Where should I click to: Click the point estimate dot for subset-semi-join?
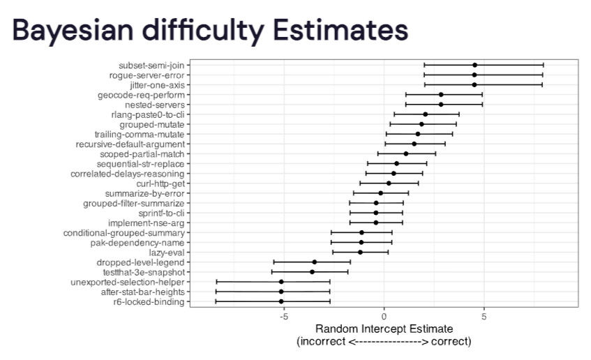[x=474, y=65]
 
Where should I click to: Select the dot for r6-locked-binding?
[x=281, y=301]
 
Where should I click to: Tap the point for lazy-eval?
[x=360, y=252]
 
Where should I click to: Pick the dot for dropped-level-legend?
[x=315, y=262]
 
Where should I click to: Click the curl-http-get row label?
[x=160, y=183]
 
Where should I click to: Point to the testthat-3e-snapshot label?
[x=144, y=272]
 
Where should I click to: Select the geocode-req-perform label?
[x=142, y=95]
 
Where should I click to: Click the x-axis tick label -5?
[x=284, y=317]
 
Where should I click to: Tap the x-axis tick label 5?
[x=484, y=317]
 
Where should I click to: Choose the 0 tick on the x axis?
[x=384, y=317]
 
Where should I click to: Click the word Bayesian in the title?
[x=73, y=31]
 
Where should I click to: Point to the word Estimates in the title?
[x=341, y=30]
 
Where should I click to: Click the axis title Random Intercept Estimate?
[x=384, y=329]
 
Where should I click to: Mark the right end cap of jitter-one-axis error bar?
[x=542, y=85]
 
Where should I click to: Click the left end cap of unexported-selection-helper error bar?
[x=217, y=282]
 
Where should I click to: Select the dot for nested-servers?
[x=441, y=105]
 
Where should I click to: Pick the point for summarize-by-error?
[x=381, y=193]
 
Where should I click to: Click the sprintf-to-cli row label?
[x=161, y=213]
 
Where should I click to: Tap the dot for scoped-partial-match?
[x=406, y=153]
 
